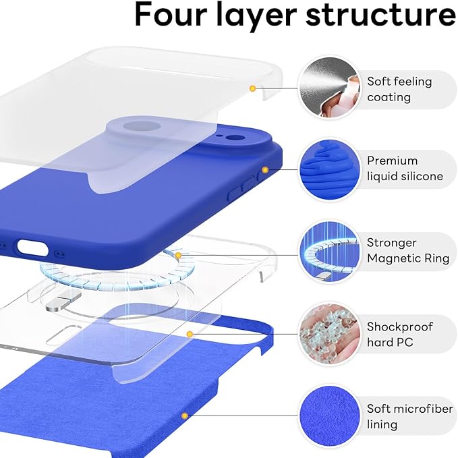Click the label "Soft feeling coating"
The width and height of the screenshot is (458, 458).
(x=399, y=89)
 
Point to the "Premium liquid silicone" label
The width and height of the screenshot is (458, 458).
(x=405, y=169)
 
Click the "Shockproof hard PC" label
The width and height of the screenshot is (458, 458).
(x=399, y=335)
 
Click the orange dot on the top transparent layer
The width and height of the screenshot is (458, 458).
(x=252, y=88)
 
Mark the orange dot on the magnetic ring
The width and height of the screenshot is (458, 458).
(x=178, y=255)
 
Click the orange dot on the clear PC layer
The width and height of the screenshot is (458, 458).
(x=190, y=334)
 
